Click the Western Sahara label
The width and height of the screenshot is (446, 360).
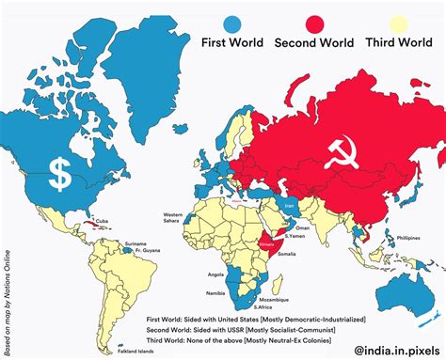point(172,218)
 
